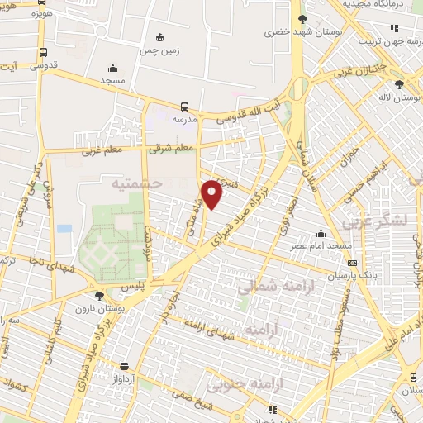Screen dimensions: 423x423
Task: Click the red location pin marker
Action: click(x=212, y=194)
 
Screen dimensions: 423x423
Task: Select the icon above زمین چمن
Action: click(x=159, y=37)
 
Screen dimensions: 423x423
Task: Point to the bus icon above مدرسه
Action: click(x=184, y=107)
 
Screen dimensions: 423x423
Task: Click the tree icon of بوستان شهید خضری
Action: click(x=302, y=19)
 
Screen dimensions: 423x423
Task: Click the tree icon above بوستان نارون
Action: click(x=99, y=295)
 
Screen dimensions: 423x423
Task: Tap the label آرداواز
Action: click(x=124, y=381)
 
